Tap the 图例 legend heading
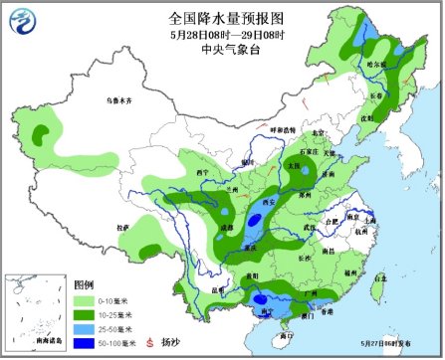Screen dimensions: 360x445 tap(84, 284)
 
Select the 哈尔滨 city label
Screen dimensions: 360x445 tap(375, 65)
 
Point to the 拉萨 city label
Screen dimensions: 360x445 tap(122, 228)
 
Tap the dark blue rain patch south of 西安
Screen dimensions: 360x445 tap(257, 222)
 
